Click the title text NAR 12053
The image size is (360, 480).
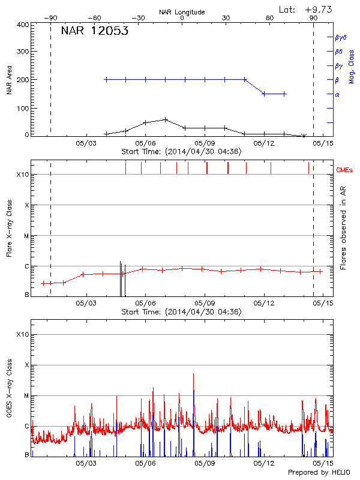click(x=94, y=32)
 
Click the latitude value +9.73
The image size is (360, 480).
click(x=318, y=9)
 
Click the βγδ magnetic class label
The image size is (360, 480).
click(x=340, y=37)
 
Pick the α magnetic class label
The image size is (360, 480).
click(x=337, y=94)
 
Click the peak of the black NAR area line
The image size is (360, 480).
click(x=166, y=119)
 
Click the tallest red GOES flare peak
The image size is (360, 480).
click(x=193, y=374)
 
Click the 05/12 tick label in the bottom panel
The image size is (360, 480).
click(x=264, y=463)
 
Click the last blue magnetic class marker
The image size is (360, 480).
click(x=284, y=94)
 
